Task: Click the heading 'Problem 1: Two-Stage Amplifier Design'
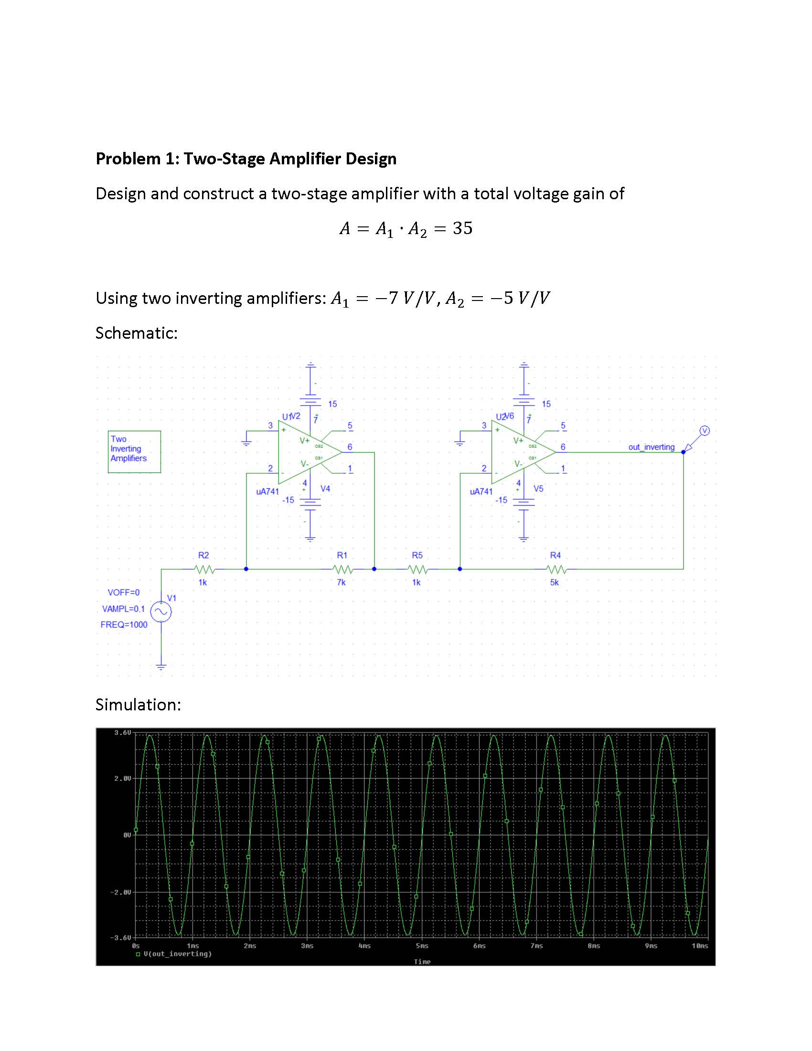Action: click(246, 158)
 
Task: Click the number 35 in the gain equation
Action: click(462, 228)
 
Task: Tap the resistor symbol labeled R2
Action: click(204, 569)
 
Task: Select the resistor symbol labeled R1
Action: click(342, 569)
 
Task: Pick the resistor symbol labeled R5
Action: click(417, 569)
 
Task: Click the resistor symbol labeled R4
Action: click(556, 569)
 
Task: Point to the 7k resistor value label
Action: click(341, 582)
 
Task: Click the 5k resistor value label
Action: click(555, 582)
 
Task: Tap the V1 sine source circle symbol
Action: click(160, 611)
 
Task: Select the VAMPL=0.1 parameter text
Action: click(123, 609)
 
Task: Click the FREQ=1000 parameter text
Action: click(124, 625)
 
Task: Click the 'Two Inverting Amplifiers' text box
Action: click(134, 451)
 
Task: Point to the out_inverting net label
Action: click(652, 447)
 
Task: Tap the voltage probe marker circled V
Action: click(704, 431)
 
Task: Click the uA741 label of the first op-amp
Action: click(267, 491)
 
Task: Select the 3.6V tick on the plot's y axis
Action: click(122, 733)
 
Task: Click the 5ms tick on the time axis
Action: click(422, 946)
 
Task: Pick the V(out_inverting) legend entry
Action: click(177, 954)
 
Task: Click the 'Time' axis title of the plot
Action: click(422, 962)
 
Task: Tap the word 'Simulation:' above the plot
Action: click(138, 705)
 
